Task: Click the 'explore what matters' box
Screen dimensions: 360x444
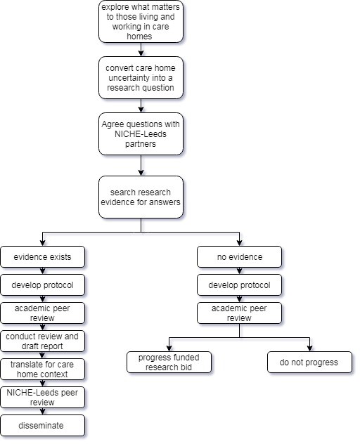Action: point(141,22)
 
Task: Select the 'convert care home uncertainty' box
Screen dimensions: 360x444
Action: point(141,77)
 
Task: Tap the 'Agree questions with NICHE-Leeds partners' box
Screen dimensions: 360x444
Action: point(141,134)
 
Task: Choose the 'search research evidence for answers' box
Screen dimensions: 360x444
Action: point(141,197)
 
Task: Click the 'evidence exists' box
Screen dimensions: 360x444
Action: point(42,257)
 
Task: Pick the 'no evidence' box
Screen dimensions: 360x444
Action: point(239,257)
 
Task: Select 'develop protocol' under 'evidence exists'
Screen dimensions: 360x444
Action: point(42,285)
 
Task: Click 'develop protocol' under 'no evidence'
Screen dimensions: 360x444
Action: point(239,285)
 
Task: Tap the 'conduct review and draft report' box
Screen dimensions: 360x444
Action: point(42,341)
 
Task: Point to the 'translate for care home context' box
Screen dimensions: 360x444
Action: point(42,370)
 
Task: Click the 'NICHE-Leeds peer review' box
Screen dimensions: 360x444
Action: point(42,397)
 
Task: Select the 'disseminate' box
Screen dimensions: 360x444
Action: point(42,425)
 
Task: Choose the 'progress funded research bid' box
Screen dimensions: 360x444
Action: point(169,363)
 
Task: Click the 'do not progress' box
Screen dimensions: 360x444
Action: point(309,363)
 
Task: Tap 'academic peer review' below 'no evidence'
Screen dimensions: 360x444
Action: point(239,313)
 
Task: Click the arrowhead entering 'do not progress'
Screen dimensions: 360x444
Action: point(309,348)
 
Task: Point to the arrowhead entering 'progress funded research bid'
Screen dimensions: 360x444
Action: point(169,348)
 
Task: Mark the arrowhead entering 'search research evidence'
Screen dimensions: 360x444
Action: point(141,172)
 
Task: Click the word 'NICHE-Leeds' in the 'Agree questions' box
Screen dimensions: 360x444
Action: point(141,134)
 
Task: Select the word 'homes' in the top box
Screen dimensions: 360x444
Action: point(139,37)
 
